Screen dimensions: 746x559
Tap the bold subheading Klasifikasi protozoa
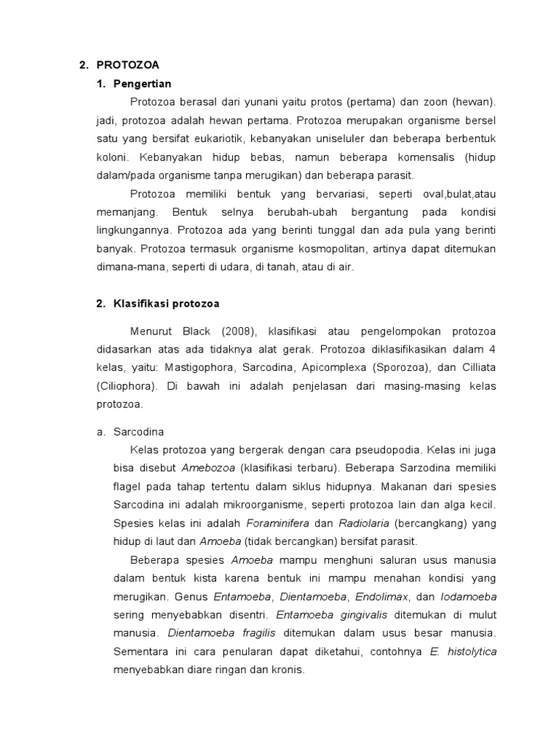[x=167, y=304]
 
